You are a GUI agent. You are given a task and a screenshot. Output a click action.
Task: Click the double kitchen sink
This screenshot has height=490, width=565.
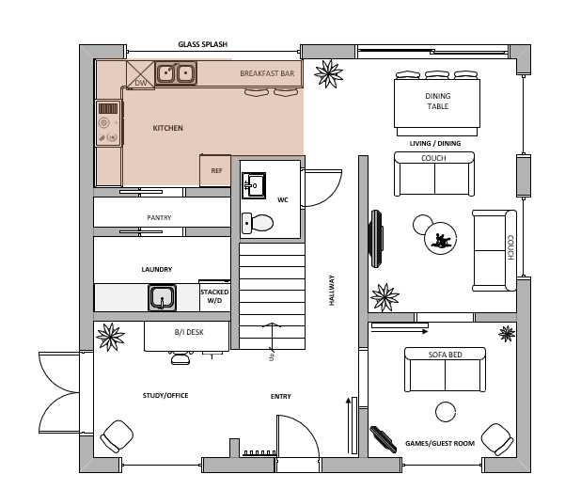click(x=176, y=73)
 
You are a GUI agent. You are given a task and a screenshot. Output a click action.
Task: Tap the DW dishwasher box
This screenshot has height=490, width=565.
click(x=140, y=75)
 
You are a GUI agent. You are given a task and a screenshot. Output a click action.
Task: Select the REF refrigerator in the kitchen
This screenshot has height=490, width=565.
click(x=215, y=170)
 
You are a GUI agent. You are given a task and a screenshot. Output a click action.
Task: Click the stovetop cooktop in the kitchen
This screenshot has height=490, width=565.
click(x=108, y=123)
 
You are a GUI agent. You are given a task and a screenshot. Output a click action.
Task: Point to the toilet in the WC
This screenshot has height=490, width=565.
click(x=258, y=223)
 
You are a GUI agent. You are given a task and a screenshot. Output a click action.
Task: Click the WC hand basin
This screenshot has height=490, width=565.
click(x=254, y=185)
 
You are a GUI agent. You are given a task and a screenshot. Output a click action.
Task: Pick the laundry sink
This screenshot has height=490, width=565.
click(x=162, y=298)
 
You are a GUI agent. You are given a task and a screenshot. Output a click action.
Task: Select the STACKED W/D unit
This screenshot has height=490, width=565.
click(x=214, y=295)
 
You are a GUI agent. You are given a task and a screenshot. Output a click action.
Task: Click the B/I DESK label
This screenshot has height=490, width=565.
click(x=189, y=332)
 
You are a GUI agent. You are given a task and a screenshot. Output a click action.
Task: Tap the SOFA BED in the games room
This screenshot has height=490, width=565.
click(x=445, y=370)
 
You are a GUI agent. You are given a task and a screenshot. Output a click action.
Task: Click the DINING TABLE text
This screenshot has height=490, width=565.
click(x=438, y=101)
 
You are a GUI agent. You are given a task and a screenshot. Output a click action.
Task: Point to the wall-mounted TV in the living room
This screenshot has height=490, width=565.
click(x=376, y=239)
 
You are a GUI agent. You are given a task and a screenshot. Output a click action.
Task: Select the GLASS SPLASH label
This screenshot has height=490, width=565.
click(x=203, y=44)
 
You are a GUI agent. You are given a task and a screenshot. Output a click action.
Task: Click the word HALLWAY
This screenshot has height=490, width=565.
click(x=332, y=291)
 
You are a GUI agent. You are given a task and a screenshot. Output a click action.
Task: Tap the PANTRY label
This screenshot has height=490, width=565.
click(x=159, y=217)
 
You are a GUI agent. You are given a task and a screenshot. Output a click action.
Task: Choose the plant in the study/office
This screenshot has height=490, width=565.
click(x=110, y=337)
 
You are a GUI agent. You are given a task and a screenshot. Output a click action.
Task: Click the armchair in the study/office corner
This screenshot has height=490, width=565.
click(x=117, y=436)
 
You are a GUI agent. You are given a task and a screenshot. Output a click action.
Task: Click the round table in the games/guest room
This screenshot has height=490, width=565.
click(x=446, y=411)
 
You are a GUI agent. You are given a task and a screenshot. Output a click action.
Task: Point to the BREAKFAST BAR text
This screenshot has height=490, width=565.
click(x=267, y=73)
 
